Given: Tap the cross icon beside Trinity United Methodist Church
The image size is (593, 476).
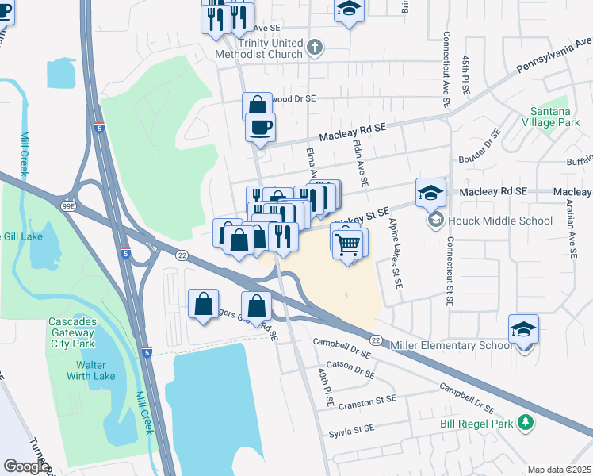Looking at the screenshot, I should pos(314,48).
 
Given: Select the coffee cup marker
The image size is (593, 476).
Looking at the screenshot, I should pos(259,127).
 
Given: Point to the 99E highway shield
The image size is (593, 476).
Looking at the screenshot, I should pos(70,206).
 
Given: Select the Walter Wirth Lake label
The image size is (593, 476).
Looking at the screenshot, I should pos(98,371).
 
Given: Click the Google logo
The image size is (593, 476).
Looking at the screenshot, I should pos(26,466).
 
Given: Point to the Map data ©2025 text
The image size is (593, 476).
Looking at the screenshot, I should pos(559,470).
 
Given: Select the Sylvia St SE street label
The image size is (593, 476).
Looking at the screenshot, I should pos(351,430).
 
